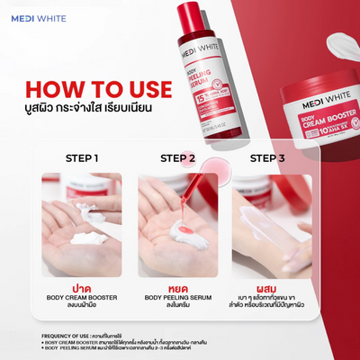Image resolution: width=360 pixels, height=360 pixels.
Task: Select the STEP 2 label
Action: (x=178, y=158)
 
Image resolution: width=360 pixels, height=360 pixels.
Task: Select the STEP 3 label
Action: (x=271, y=158)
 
